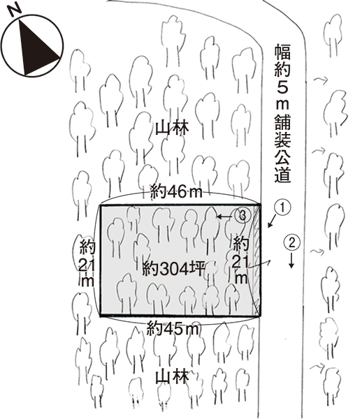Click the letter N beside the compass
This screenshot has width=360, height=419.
[15, 10]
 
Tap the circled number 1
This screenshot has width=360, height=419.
[282, 207]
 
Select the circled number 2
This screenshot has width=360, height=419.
[292, 242]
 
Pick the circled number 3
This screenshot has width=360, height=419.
[243, 215]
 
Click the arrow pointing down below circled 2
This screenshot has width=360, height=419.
[291, 260]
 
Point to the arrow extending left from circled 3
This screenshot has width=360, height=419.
[225, 216]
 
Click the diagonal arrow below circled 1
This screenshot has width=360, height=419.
[272, 221]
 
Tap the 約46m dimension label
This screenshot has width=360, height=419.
[176, 191]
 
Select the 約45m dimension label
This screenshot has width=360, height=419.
[173, 329]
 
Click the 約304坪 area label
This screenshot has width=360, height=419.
[173, 268]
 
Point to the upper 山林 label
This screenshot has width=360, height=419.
[172, 128]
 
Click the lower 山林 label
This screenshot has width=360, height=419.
[172, 376]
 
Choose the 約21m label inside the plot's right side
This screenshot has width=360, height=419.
[240, 260]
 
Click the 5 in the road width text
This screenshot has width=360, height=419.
[282, 87]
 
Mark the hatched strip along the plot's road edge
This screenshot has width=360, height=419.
[257, 260]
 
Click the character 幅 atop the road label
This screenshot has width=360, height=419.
[282, 52]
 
